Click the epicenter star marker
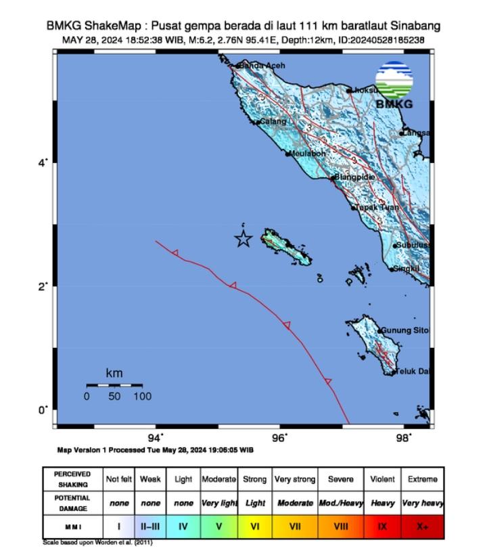pyautogui.click(x=243, y=238)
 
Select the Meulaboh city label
pyautogui.click(x=308, y=154)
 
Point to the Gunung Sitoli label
pyautogui.click(x=404, y=330)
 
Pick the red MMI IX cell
pyautogui.click(x=381, y=525)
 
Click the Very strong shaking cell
pyautogui.click(x=294, y=479)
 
